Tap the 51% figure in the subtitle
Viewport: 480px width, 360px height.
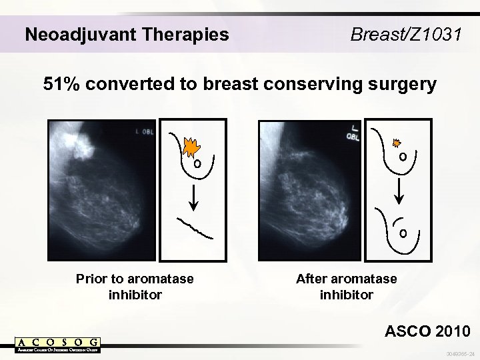(61, 85)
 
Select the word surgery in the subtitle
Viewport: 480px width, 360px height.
(400, 85)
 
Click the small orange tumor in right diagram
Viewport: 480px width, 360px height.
(397, 143)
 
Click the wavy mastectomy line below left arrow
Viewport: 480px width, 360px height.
(196, 227)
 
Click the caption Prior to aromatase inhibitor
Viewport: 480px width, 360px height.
(135, 286)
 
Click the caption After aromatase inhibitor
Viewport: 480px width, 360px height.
(346, 286)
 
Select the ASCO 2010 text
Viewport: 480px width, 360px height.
(427, 331)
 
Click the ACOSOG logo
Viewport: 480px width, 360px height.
(58, 344)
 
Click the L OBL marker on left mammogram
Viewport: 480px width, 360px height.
(145, 132)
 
